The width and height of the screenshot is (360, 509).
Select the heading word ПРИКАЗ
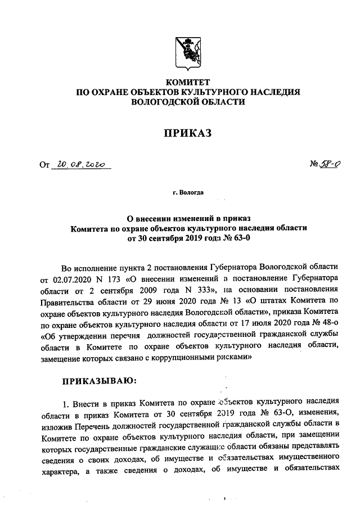(x=188, y=132)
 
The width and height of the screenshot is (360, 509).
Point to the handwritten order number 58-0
(x=328, y=164)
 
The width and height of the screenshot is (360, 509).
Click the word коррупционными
(x=192, y=356)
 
